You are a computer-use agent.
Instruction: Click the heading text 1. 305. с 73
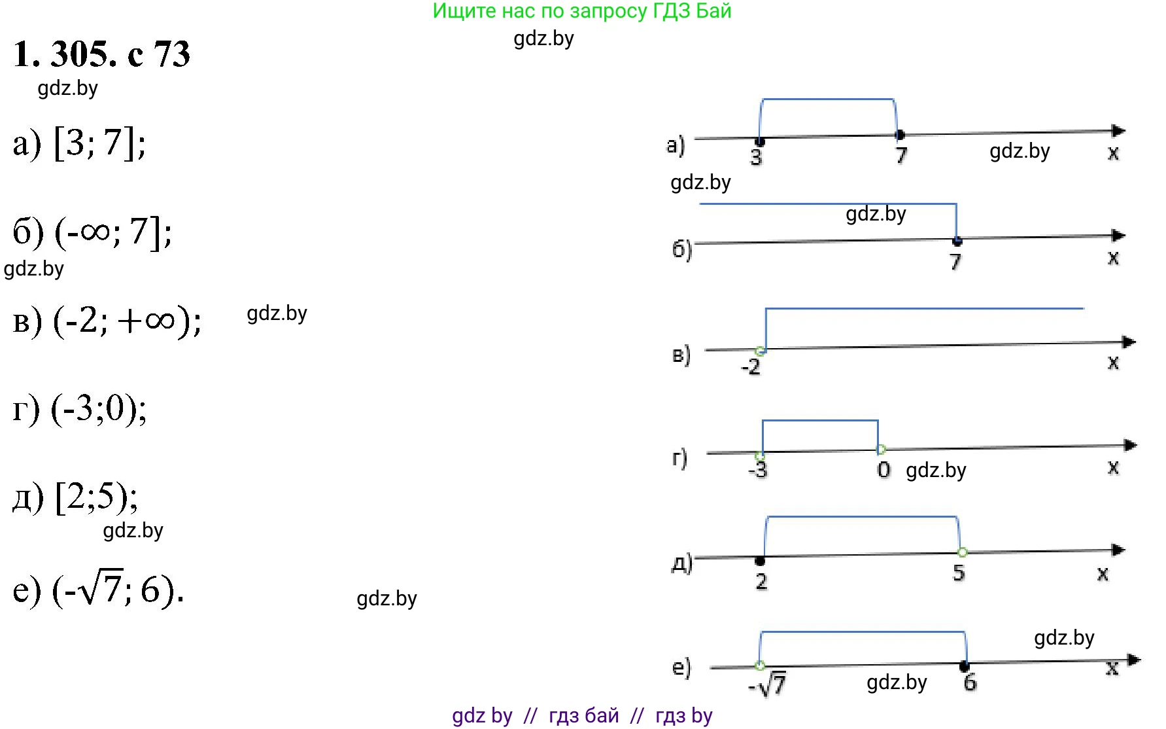point(101,54)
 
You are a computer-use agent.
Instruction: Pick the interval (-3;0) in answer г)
point(99,409)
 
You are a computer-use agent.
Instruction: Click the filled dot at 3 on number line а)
point(759,141)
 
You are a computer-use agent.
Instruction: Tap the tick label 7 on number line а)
point(901,156)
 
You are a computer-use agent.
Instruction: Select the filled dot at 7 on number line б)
point(957,241)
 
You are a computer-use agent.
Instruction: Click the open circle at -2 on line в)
point(760,351)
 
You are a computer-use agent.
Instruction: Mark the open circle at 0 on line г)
point(881,450)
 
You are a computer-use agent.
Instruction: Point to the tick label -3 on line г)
point(757,469)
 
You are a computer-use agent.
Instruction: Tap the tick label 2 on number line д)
point(761,581)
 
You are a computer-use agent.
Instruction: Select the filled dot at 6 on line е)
point(964,666)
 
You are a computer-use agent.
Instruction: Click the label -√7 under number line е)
point(767,685)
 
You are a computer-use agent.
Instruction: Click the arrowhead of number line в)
point(1129,342)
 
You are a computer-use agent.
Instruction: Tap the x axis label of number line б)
point(1113,258)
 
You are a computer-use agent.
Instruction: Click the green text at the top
point(582,11)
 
